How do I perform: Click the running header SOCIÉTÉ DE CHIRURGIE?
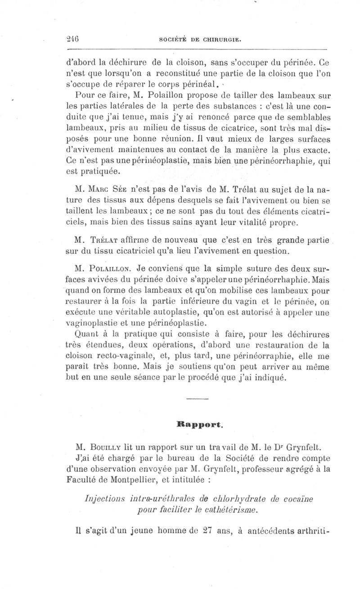pos(201,40)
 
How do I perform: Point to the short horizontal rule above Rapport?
pos(194,399)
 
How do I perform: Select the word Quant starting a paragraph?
pos(90,335)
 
